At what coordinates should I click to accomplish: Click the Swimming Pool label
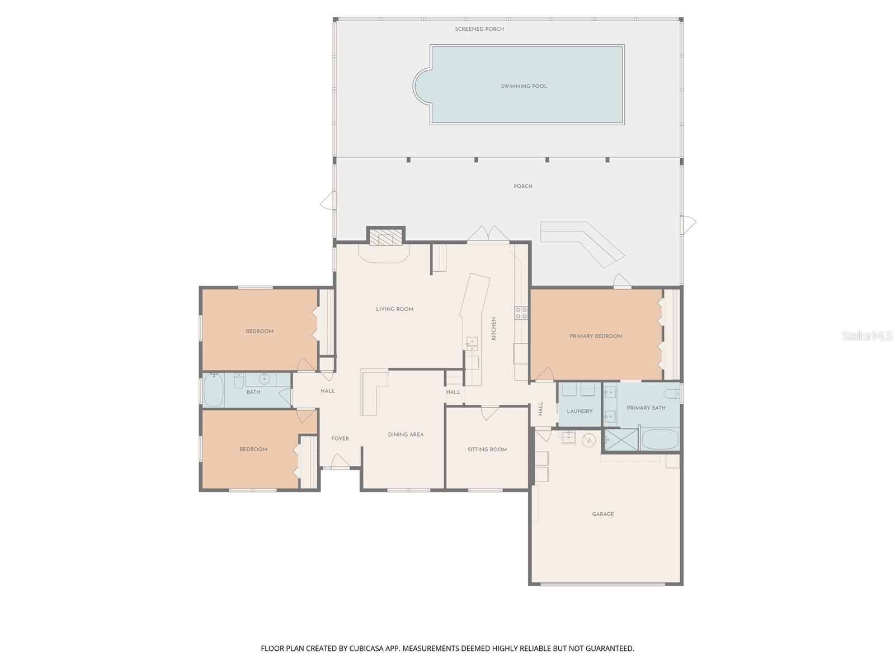pyautogui.click(x=524, y=87)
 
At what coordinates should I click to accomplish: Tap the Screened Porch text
pyautogui.click(x=479, y=29)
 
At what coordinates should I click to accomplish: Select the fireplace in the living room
pyautogui.click(x=385, y=239)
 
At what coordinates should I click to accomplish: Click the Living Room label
pyautogui.click(x=394, y=309)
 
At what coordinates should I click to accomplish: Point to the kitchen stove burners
pyautogui.click(x=521, y=313)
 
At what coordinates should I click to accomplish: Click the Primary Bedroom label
pyautogui.click(x=596, y=336)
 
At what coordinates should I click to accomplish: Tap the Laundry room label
pyautogui.click(x=579, y=412)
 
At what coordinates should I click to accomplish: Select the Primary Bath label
pyautogui.click(x=646, y=408)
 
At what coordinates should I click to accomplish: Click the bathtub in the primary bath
pyautogui.click(x=660, y=440)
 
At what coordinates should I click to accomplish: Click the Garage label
pyautogui.click(x=603, y=514)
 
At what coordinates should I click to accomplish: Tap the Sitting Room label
pyautogui.click(x=487, y=450)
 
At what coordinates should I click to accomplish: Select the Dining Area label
pyautogui.click(x=406, y=434)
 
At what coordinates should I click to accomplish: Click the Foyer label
pyautogui.click(x=340, y=439)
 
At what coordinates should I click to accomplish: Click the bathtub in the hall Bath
pyautogui.click(x=213, y=390)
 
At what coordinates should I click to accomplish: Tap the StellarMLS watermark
pyautogui.click(x=866, y=335)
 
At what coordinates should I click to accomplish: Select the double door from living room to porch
pyautogui.click(x=488, y=235)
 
